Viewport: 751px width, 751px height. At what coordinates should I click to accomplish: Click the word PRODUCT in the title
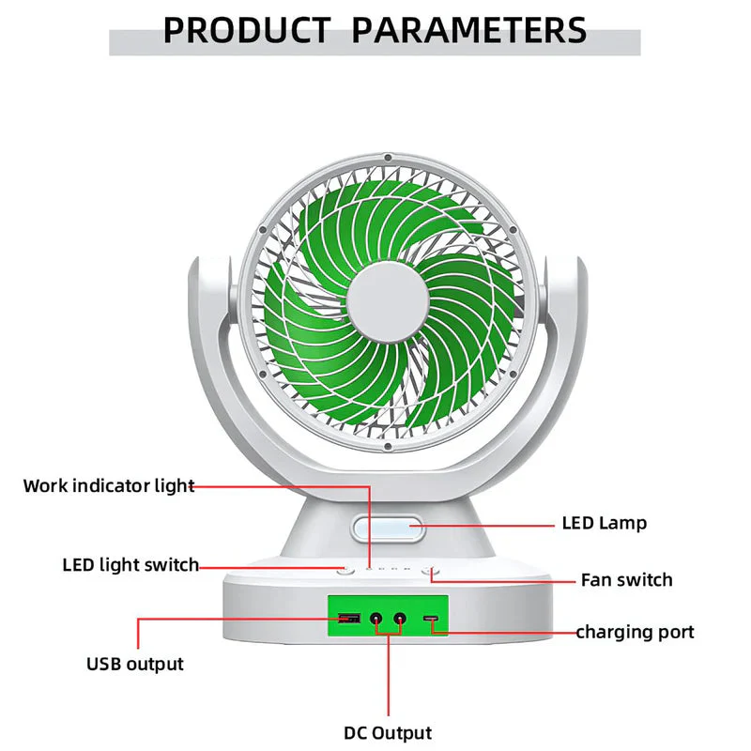coord(247,30)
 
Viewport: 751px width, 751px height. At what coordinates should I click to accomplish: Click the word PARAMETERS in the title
coord(468,30)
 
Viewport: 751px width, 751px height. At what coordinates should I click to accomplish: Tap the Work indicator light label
coord(109,486)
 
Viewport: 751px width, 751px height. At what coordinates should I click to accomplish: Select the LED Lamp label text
coord(604,523)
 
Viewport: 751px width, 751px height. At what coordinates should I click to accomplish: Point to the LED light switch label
coord(130,565)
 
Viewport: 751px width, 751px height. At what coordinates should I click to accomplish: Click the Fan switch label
coord(626,580)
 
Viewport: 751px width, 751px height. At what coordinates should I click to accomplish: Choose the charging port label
coord(635,632)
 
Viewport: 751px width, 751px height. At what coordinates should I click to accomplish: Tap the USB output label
coord(135,665)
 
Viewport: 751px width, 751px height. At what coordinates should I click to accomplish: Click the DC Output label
coord(388,733)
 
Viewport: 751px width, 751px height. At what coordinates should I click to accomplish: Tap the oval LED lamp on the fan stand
coord(388,528)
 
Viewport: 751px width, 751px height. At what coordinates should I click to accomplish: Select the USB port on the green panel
coord(349,618)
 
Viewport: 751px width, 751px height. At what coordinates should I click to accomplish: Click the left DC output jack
coord(377,618)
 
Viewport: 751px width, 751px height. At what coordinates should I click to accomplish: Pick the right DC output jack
coord(400,618)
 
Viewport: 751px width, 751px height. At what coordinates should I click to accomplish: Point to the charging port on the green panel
coord(431,618)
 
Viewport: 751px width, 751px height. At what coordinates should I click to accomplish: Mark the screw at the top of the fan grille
coord(388,158)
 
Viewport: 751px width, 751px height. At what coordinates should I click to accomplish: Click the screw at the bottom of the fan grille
coord(388,447)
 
